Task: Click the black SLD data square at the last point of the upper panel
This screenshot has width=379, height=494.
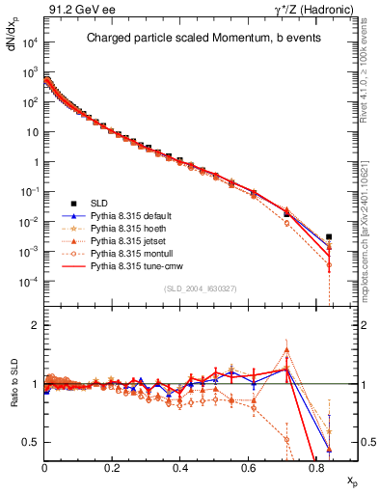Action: (x=329, y=236)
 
